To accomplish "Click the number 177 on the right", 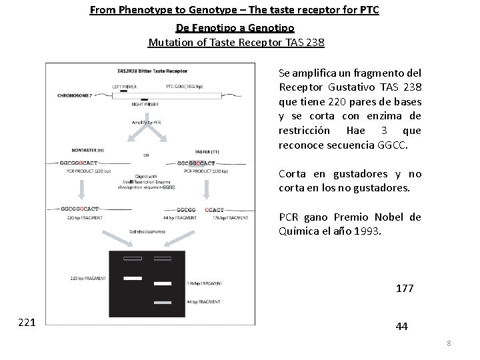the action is click(404, 289).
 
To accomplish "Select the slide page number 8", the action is click(449, 343).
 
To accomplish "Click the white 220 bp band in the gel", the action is click(132, 277).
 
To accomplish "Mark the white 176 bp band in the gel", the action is click(163, 284).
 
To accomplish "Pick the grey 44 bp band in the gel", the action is click(163, 303).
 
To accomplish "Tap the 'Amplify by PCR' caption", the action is click(147, 122).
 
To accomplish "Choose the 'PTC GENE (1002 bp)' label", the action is click(191, 86).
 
